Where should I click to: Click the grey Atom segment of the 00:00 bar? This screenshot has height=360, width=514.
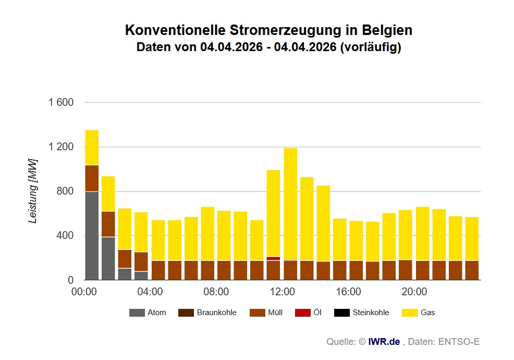(92, 236)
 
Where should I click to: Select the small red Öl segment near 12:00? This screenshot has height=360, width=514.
(273, 258)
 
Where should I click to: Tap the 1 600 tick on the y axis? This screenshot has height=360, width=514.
(61, 103)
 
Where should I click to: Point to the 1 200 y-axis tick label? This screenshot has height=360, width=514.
(61, 147)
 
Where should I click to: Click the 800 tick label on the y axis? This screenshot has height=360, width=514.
(65, 191)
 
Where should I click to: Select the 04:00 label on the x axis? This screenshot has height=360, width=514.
(150, 291)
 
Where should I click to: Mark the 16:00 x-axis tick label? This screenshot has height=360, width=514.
(348, 291)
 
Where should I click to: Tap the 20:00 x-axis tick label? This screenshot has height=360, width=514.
(414, 291)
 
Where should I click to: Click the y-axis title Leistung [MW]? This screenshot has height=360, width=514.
(33, 190)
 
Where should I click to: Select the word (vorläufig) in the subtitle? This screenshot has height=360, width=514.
(370, 47)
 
